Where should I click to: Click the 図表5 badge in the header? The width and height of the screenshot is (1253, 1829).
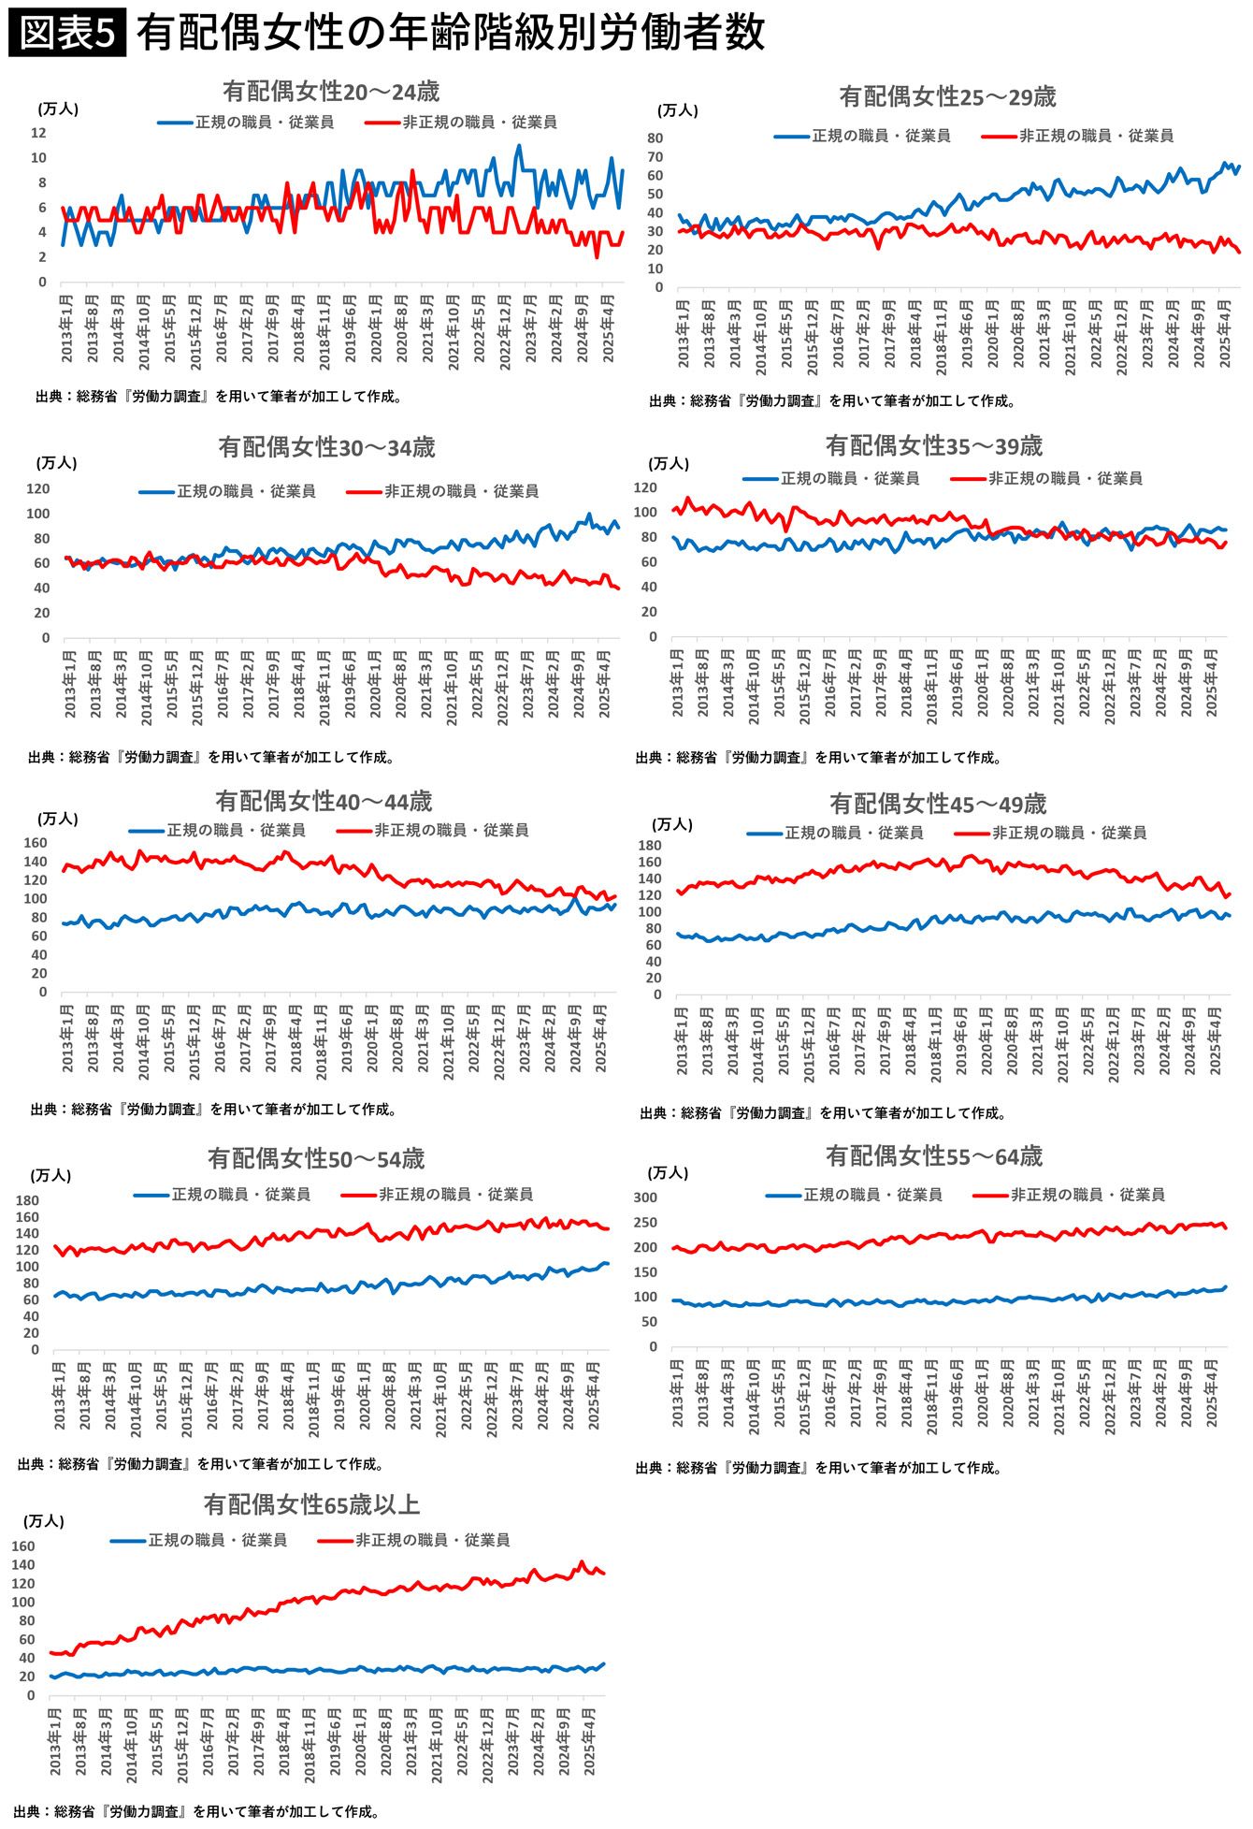(66, 34)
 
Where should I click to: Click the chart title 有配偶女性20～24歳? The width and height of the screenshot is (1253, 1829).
(331, 92)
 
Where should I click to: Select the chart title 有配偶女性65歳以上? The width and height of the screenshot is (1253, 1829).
(311, 1504)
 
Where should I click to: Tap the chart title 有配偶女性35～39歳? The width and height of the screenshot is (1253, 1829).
(933, 446)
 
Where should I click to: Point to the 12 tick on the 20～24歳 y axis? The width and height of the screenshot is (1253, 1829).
(38, 133)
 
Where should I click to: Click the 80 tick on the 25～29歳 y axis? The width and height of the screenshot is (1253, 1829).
(655, 138)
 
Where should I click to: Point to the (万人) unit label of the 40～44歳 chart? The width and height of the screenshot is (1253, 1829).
(58, 819)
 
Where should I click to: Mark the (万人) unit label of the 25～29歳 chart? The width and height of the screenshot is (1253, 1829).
(677, 110)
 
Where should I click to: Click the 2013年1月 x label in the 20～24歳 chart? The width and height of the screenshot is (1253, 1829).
(67, 328)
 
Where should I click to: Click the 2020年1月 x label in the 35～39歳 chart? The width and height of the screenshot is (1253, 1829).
(983, 683)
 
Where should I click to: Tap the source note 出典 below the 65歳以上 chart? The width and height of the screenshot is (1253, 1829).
(197, 1811)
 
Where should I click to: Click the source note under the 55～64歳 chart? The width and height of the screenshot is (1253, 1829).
(818, 1468)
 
